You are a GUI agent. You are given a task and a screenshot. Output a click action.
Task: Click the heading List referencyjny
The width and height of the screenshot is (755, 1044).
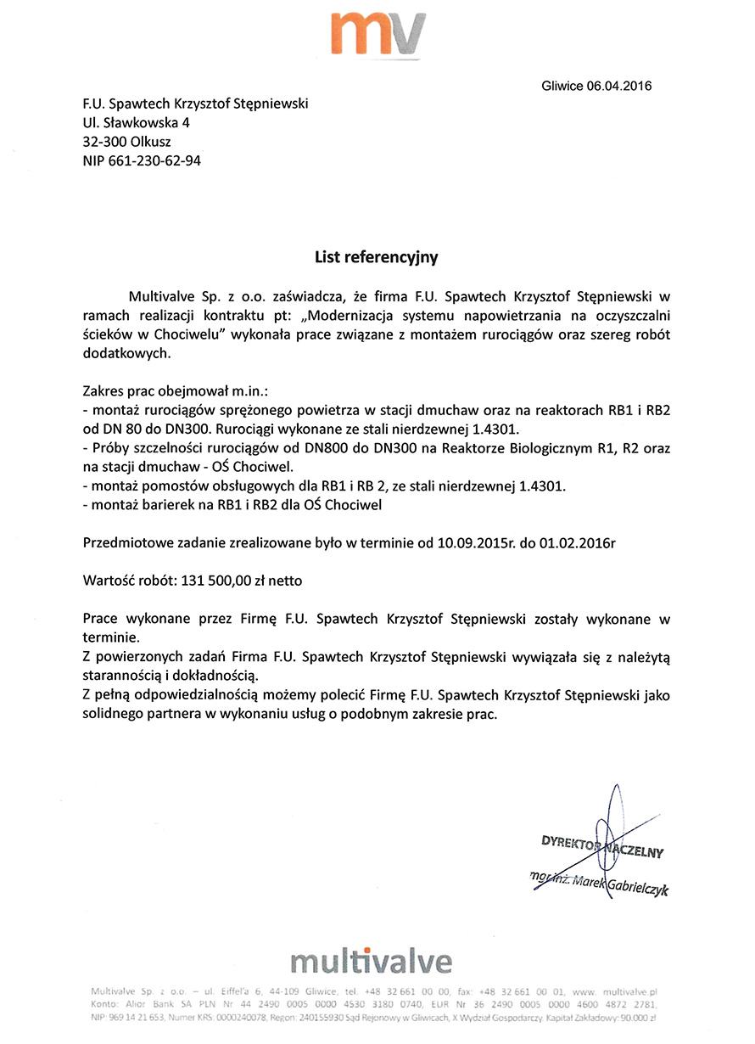click(x=377, y=255)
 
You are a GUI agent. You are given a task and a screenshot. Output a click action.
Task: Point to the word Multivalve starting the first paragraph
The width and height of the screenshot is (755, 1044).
click(x=161, y=297)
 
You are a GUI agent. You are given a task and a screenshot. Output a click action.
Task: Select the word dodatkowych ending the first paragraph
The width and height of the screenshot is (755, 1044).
click(x=121, y=353)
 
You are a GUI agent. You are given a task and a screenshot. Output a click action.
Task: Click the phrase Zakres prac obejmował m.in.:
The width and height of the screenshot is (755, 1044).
click(x=176, y=392)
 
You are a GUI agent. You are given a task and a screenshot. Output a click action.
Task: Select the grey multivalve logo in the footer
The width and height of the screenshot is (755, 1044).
click(x=371, y=961)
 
